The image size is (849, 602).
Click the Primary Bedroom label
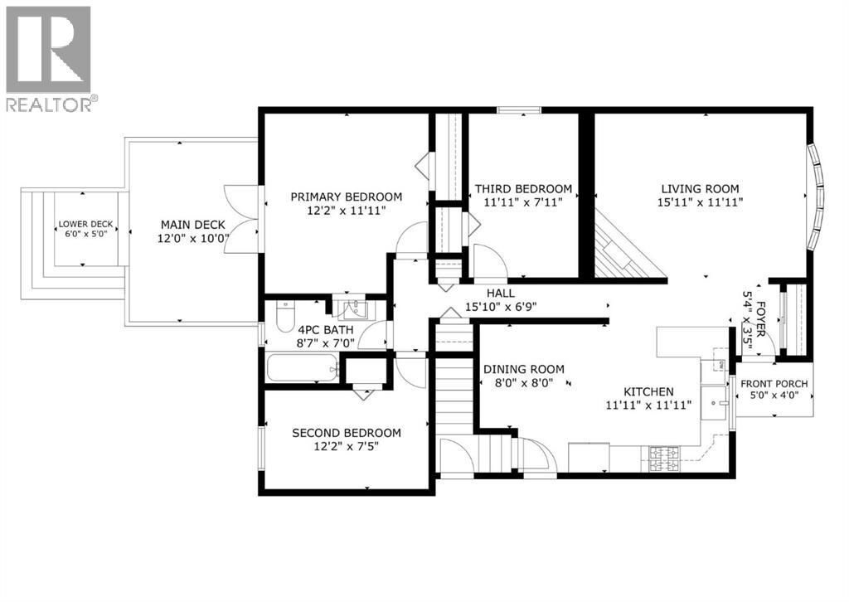pyautogui.click(x=346, y=197)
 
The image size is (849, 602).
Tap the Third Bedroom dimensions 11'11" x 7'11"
pyautogui.click(x=522, y=201)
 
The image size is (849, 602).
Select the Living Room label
pyautogui.click(x=700, y=188)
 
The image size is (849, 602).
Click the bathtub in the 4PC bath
pyautogui.click(x=302, y=367)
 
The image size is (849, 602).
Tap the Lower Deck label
pyautogui.click(x=85, y=225)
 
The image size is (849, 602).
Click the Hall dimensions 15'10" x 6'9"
pyautogui.click(x=501, y=306)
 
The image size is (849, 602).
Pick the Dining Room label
pyautogui.click(x=524, y=369)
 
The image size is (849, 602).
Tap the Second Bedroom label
pyautogui.click(x=346, y=433)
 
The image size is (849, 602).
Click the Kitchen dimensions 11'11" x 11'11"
pyautogui.click(x=648, y=405)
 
